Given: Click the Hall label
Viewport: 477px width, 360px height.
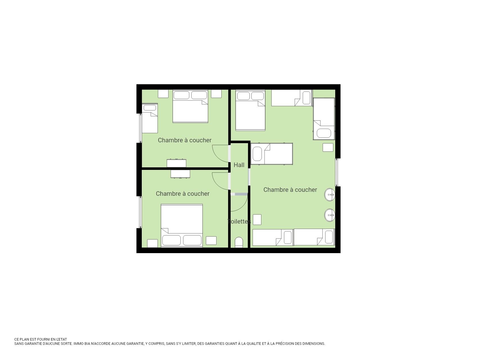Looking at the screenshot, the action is click(239, 165).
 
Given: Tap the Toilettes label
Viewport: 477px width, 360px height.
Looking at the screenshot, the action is click(239, 222).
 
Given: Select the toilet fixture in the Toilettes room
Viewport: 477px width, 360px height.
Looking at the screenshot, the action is click(239, 242).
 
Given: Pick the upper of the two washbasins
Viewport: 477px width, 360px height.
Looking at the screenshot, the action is click(330, 195).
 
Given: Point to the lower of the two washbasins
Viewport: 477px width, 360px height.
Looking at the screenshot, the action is click(330, 215).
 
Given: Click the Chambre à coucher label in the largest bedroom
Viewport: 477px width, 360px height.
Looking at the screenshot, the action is click(290, 190).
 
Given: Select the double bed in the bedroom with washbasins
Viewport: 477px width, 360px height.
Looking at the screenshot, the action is click(250, 110).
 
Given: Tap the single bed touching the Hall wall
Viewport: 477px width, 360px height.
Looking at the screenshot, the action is click(272, 154).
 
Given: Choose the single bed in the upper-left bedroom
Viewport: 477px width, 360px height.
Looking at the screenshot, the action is click(150, 118).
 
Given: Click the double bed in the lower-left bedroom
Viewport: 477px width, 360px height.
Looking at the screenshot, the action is click(182, 226).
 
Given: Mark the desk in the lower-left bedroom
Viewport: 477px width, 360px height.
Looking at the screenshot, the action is click(180, 174).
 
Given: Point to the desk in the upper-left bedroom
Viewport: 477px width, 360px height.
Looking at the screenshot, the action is click(176, 163).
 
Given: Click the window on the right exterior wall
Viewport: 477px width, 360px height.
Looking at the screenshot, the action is click(337, 172).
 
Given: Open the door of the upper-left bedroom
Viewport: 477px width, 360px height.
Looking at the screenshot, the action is click(220, 153).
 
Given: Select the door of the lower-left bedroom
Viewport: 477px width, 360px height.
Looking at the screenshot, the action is click(220, 181).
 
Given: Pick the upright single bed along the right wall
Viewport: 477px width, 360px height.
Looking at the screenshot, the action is click(324, 119).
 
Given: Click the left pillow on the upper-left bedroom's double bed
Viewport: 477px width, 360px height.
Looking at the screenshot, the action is click(181, 95).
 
